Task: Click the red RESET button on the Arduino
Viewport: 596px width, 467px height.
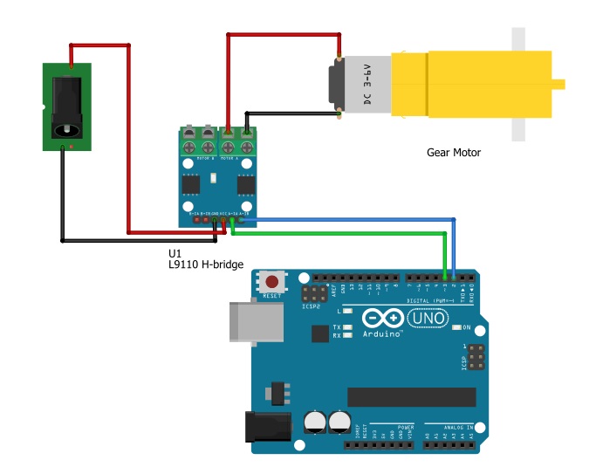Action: pos(274,282)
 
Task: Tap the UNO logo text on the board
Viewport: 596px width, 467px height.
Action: pos(428,319)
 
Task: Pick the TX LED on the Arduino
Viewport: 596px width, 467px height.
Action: pos(348,327)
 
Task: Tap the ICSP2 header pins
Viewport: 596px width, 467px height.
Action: pos(311,292)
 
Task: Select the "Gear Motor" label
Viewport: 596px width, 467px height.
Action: pos(453,153)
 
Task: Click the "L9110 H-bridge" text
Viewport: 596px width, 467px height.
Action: pos(206,264)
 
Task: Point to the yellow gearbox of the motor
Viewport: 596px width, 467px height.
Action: pos(471,84)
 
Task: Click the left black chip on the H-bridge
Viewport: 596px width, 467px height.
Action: pos(191,183)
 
